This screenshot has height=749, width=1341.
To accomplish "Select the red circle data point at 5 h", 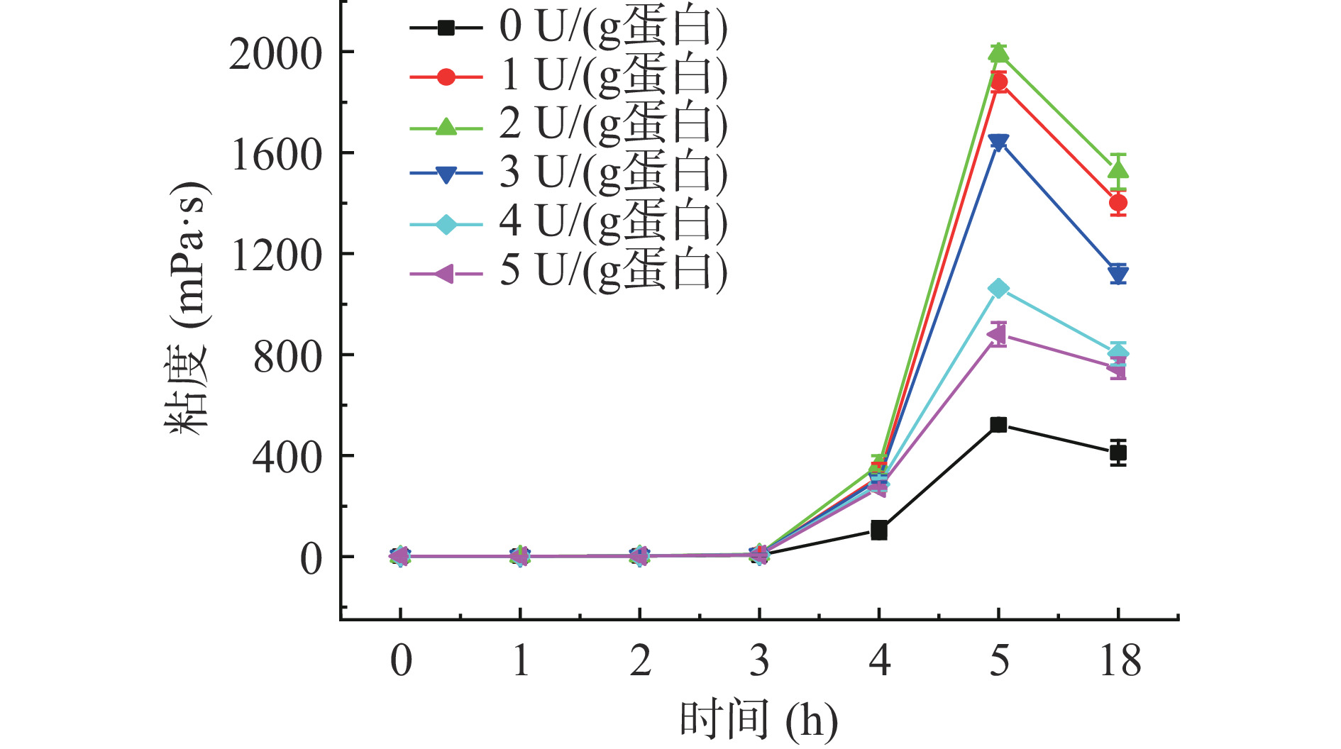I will pos(998,82).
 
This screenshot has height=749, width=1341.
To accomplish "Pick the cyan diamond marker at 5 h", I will pos(998,289).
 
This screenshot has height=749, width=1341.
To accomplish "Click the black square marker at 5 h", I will pos(998,425).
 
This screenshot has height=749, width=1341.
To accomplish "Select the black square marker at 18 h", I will pos(1118,453).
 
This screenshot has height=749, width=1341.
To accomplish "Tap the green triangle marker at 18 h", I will pos(1118,170).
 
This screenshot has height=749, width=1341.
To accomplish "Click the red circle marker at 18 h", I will pos(1118,203).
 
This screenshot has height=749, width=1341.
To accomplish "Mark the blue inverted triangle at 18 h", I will pos(1118,274).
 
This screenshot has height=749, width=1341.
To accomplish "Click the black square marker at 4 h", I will pos(879,530).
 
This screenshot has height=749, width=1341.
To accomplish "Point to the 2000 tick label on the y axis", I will pos(275,54).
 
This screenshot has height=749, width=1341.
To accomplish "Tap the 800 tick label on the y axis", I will pos(287,357).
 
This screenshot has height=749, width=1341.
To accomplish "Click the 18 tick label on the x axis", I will pos(1120,661).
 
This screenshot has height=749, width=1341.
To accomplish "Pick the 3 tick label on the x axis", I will pos(759,661).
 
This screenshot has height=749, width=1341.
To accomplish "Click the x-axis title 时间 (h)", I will pos(758,721).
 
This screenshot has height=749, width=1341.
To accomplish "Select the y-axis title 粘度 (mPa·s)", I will pos(187,309).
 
